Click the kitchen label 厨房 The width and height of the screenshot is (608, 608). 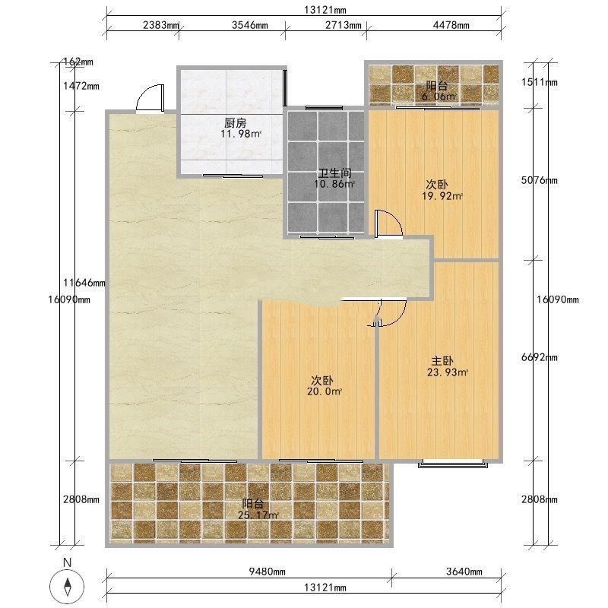pos(236,123)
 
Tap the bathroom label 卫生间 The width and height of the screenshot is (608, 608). pos(334,173)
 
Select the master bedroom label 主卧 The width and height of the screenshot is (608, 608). pos(442,361)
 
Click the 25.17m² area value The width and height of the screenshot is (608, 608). pos(258,515)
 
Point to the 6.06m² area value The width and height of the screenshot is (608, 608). pos(439,97)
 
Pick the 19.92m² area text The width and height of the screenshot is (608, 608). pos(442,196)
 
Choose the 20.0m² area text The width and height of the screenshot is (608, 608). pos(325,391)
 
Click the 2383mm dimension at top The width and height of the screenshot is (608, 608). pos(160,25)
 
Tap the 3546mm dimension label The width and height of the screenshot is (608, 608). pos(250,25)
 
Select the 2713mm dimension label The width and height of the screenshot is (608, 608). pos(344,25)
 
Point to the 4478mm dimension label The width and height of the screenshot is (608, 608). pos(451,25)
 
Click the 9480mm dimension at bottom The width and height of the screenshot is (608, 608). pos(268,572)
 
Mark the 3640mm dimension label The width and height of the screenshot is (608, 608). pos(464,572)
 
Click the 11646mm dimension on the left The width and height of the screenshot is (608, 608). pos(84,283)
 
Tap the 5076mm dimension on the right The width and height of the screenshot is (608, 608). pos(540,180)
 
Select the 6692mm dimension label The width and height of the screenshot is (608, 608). pos(540,357)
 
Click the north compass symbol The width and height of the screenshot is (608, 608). pos(68,587)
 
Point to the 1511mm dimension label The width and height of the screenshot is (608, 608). pos(540,82)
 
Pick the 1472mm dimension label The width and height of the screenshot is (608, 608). pos(81,86)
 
